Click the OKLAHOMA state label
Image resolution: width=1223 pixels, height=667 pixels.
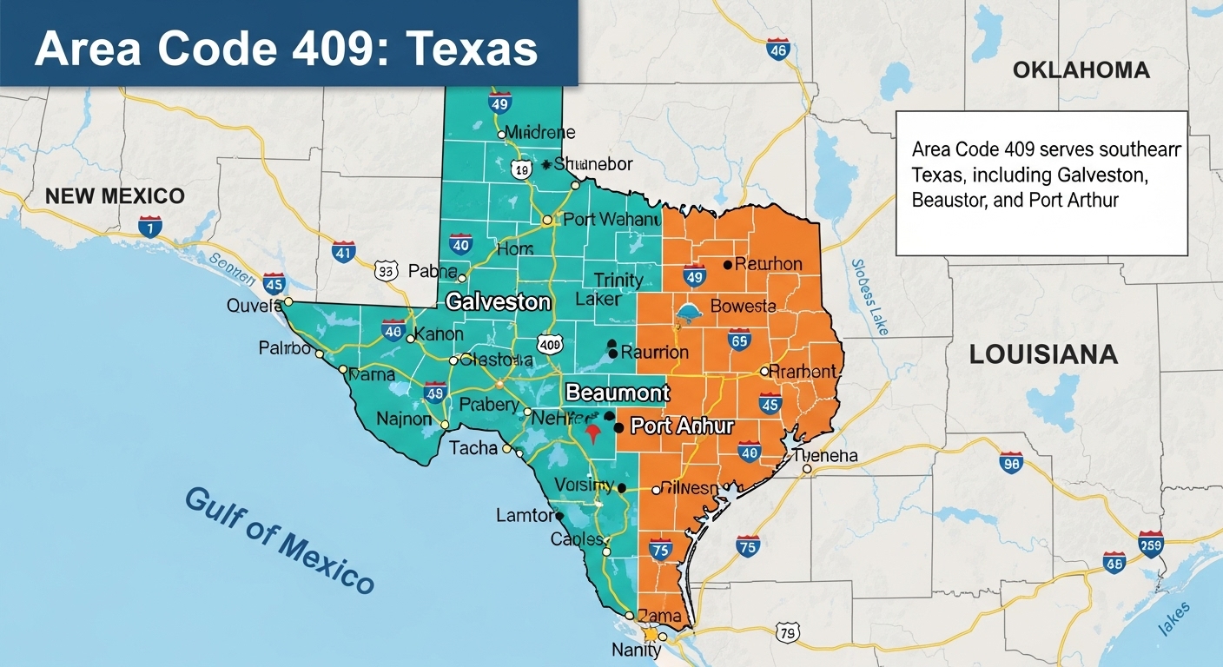pos(1081,70)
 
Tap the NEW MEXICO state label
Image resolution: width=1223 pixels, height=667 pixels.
pos(115,195)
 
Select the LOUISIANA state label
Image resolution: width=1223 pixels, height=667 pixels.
pos(1043,354)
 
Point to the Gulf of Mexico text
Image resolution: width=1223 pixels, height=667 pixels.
pos(279,539)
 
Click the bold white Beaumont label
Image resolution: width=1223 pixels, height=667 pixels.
pos(618,393)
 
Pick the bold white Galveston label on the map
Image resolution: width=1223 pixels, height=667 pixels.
pos(498,302)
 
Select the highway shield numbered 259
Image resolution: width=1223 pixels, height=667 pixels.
pos(1150,544)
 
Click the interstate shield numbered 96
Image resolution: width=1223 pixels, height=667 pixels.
pos(1011,464)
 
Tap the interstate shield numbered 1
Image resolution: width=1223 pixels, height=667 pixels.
pos(149,228)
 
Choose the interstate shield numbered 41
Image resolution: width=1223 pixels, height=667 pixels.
pos(344,253)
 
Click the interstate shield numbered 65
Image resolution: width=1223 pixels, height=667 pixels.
pos(739,340)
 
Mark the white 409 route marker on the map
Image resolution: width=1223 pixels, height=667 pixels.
pos(550,345)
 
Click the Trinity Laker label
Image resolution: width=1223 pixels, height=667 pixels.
pos(618,289)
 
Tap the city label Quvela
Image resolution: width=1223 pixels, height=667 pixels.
pos(254,305)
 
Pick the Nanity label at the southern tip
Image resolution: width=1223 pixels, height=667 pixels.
pos(636,650)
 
